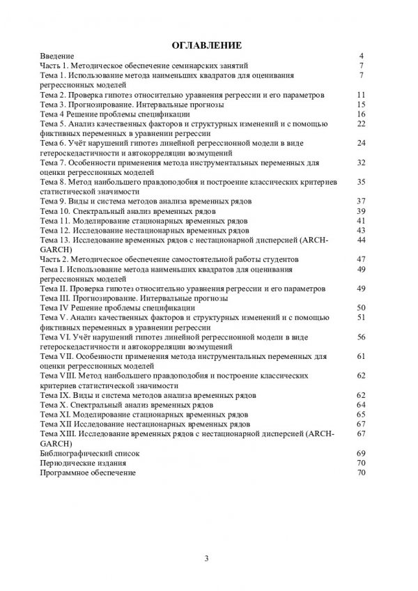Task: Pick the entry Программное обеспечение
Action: (88, 472)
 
